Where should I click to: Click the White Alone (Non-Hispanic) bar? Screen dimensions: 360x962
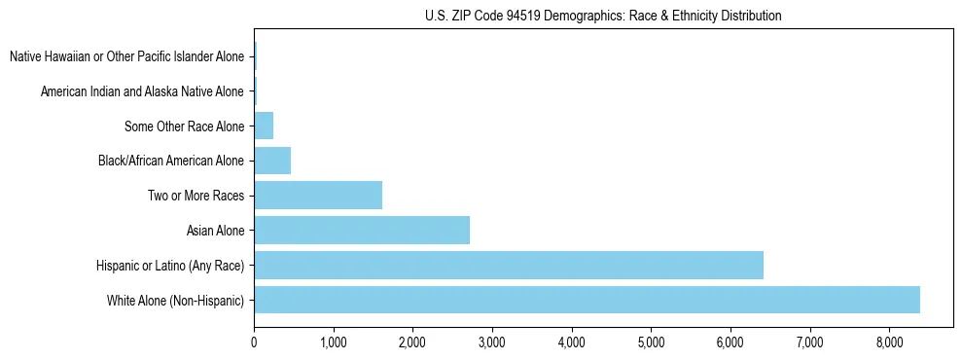click(x=587, y=300)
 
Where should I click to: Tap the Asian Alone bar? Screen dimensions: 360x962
click(x=362, y=231)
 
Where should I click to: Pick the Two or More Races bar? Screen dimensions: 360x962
click(x=318, y=196)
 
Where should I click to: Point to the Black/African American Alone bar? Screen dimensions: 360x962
click(x=272, y=161)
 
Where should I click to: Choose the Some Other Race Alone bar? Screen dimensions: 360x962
click(x=264, y=126)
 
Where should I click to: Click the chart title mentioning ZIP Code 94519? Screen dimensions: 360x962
click(x=603, y=16)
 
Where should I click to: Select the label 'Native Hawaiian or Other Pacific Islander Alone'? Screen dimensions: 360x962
click(x=127, y=56)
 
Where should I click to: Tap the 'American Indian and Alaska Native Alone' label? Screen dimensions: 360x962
click(x=143, y=91)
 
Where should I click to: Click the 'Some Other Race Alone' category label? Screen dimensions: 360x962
click(x=185, y=126)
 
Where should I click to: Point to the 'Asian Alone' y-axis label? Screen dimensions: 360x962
click(x=216, y=231)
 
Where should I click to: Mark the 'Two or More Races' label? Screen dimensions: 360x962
click(x=196, y=196)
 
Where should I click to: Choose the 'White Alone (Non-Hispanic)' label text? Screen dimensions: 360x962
click(x=176, y=301)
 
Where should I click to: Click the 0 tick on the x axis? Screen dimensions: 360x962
click(x=254, y=342)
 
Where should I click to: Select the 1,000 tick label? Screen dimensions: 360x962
click(x=334, y=342)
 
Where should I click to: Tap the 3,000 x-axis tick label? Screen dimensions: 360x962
click(x=492, y=342)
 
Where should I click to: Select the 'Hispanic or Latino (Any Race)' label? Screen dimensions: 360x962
click(x=170, y=266)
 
